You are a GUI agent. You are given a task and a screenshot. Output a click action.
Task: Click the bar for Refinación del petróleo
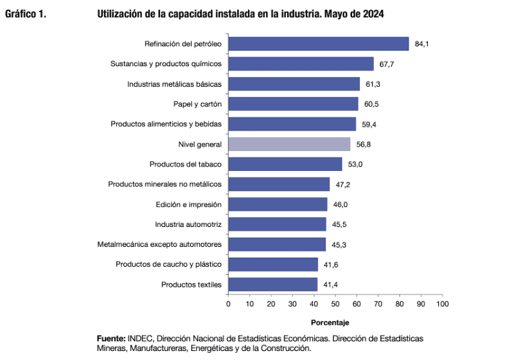(x=319, y=44)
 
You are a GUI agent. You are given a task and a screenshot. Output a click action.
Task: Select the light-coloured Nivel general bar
(x=290, y=144)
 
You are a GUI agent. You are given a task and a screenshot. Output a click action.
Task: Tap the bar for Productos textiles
(x=273, y=284)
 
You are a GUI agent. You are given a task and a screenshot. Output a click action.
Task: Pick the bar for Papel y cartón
(x=294, y=104)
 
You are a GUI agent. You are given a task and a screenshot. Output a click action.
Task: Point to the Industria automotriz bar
(x=277, y=224)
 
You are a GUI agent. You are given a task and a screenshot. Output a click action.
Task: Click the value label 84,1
(x=421, y=44)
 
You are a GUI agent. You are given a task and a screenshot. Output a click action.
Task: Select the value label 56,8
(x=364, y=145)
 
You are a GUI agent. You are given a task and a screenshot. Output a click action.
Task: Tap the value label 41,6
(x=331, y=264)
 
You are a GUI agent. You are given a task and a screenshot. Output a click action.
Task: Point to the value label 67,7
(x=386, y=64)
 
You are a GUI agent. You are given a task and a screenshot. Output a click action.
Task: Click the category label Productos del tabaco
(x=186, y=164)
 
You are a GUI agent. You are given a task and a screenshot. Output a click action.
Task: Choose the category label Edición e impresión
(x=188, y=204)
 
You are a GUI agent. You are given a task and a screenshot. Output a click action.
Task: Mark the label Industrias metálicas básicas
(x=174, y=84)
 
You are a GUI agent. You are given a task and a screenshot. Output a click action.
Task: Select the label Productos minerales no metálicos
(x=164, y=184)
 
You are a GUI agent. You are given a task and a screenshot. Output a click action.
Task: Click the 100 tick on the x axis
(x=442, y=303)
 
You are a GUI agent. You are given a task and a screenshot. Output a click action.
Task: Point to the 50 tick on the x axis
(x=335, y=303)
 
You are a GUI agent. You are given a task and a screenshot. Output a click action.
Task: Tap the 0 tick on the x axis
(x=228, y=303)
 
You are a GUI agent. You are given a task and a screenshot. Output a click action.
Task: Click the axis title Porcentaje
(x=330, y=321)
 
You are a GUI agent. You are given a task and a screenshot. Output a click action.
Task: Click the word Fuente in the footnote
(x=111, y=338)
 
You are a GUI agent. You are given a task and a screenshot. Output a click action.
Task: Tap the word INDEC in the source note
(x=140, y=338)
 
